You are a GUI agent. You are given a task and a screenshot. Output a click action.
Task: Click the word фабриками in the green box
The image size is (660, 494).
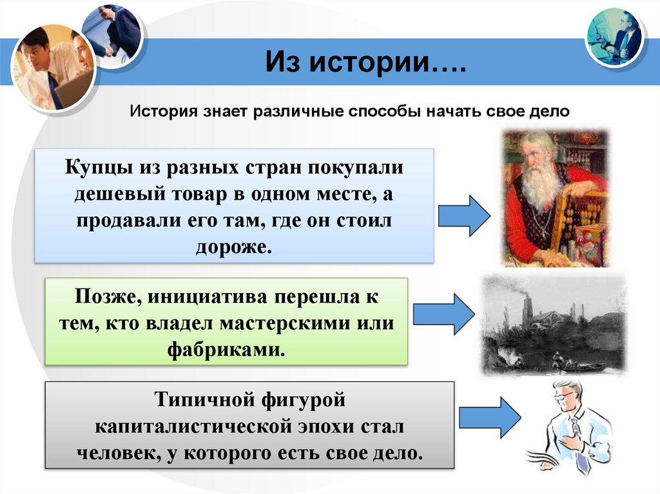[226, 350]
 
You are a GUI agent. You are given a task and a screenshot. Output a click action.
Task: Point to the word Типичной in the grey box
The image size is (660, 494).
[197, 401]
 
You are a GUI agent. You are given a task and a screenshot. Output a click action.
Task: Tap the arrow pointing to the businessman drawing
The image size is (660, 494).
[490, 416]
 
